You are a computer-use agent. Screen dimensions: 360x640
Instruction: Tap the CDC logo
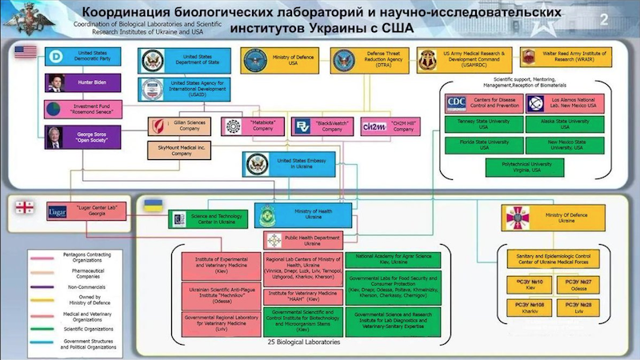pos(456,102)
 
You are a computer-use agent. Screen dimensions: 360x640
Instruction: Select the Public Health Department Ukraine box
pos(303,240)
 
